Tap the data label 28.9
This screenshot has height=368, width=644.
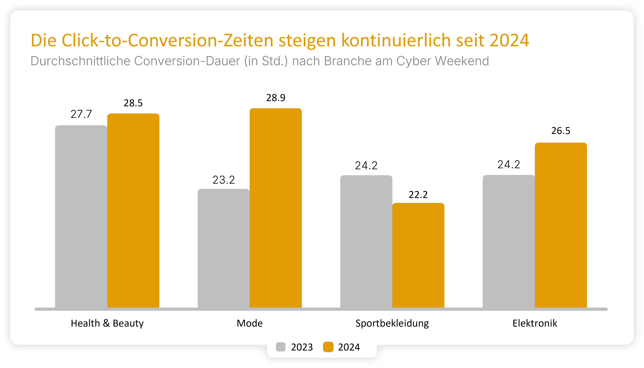click(276, 98)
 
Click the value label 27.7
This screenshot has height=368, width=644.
click(81, 114)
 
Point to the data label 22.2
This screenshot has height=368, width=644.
click(418, 195)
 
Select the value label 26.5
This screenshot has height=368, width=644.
click(561, 131)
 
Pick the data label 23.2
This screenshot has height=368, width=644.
click(223, 180)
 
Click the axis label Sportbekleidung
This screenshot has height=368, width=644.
click(392, 323)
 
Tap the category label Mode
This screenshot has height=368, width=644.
click(250, 323)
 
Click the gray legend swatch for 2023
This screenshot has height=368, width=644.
click(281, 347)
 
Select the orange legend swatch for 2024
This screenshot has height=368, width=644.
click(328, 347)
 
